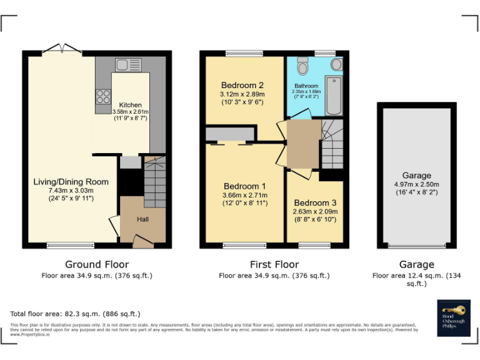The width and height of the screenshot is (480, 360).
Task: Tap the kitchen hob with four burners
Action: click(102, 97)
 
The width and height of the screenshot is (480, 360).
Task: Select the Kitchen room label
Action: click(130, 105)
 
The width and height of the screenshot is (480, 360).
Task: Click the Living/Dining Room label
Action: click(71, 182)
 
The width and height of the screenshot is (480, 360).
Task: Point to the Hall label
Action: click(142, 219)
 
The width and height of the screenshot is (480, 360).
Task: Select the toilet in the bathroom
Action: click(303, 65)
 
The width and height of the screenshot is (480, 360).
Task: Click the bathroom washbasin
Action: click(336, 64)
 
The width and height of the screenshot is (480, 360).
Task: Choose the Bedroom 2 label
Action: click(242, 86)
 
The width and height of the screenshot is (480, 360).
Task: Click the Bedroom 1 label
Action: click(245, 186)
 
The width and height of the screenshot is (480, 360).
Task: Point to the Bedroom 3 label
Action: click(315, 203)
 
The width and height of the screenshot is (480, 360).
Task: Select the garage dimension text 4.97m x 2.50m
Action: click(416, 184)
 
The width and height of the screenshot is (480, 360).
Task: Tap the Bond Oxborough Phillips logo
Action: click(453, 316)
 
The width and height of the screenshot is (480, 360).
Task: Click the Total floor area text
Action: click(75, 314)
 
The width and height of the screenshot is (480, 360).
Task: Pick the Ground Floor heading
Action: click(97, 264)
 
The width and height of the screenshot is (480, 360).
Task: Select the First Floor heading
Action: click(274, 264)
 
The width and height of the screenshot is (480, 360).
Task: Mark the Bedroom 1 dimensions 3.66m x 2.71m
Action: click(245, 195)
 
